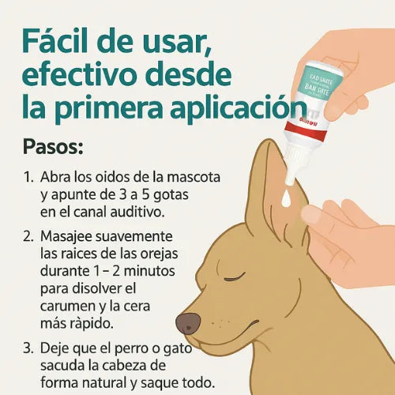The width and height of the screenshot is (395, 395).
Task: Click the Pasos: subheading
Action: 58,149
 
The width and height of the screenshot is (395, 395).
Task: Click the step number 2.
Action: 29,236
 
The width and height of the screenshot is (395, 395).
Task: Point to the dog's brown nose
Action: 188,322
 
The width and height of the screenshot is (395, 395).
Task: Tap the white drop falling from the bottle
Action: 285,200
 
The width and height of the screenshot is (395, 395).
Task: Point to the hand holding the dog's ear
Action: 348,229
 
